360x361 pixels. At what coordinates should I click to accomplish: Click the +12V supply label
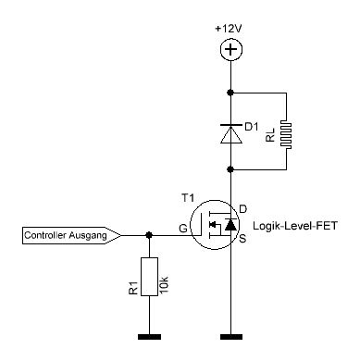(x=229, y=29)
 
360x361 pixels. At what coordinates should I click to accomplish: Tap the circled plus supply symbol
(x=231, y=50)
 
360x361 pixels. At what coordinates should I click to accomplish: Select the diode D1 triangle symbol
(x=231, y=133)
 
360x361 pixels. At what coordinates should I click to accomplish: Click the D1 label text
(x=252, y=127)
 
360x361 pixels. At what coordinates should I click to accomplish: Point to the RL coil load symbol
(x=286, y=134)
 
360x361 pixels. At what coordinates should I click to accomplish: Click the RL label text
(x=270, y=135)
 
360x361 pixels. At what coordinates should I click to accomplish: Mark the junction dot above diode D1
(x=230, y=93)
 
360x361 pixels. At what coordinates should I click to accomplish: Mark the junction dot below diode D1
(x=230, y=169)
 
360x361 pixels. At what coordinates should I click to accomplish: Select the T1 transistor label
(x=188, y=198)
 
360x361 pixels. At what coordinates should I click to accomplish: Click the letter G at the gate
(x=183, y=229)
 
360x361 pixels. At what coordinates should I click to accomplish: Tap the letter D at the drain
(x=243, y=209)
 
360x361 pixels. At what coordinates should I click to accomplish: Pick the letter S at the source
(x=242, y=238)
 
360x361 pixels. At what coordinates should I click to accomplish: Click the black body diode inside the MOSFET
(x=230, y=225)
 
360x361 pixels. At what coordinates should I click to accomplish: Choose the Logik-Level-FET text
(x=295, y=226)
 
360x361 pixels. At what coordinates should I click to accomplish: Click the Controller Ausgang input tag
(x=71, y=236)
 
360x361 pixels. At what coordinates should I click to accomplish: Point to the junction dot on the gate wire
(x=149, y=235)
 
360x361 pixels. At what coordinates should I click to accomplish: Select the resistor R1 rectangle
(x=149, y=277)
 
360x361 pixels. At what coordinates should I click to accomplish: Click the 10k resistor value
(x=165, y=285)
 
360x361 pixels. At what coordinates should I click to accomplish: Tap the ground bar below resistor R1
(x=149, y=337)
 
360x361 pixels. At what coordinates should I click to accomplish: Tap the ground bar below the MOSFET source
(x=231, y=337)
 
